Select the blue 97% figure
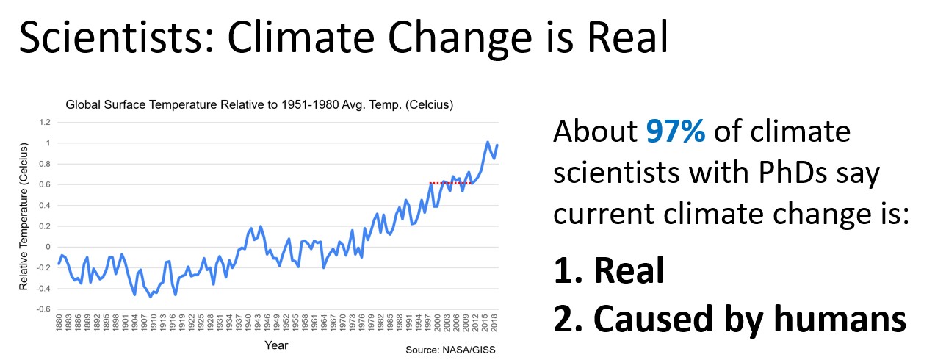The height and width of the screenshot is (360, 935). pos(676,132)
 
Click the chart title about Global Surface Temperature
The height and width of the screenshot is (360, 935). pos(259,105)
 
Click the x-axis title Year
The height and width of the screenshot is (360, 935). pos(276,345)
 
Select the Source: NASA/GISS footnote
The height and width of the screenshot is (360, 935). pos(450,350)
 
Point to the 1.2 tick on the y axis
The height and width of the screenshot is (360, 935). pos(45,122)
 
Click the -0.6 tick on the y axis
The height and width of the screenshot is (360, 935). pos(43,309)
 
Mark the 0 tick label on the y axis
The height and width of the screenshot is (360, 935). pos(48,247)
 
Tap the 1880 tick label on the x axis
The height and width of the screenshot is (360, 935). pos(59,326)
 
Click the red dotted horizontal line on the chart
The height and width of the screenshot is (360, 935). pos(450,183)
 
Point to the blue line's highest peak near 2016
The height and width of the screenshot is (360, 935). pos(488,142)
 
